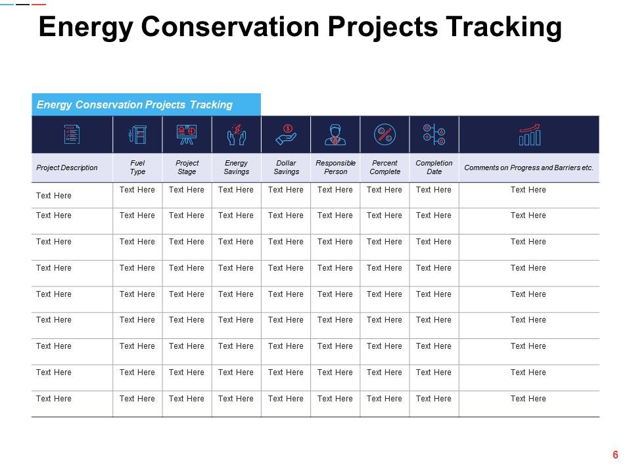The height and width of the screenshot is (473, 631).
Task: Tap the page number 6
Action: (x=615, y=455)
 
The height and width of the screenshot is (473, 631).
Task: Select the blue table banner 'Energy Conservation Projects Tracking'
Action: (x=135, y=104)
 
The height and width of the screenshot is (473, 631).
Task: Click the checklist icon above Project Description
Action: (x=72, y=135)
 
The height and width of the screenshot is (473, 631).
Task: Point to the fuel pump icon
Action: (x=137, y=135)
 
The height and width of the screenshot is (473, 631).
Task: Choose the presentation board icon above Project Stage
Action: (x=187, y=135)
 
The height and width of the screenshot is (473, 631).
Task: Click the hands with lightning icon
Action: (x=236, y=135)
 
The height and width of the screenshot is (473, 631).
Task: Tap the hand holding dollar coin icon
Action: (x=286, y=135)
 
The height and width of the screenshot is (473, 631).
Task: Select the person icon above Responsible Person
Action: (x=335, y=135)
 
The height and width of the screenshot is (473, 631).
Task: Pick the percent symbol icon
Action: (x=385, y=135)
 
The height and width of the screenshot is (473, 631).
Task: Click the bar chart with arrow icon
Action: (x=529, y=135)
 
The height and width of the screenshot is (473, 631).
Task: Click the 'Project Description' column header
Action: (x=67, y=168)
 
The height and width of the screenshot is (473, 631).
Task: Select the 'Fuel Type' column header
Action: (x=137, y=168)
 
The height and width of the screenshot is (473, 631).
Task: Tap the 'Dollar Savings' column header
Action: (x=286, y=168)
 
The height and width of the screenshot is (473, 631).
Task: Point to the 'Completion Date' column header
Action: (x=434, y=168)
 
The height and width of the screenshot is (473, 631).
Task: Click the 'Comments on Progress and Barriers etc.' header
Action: (x=528, y=168)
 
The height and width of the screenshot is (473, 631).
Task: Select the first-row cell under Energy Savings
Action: (x=236, y=190)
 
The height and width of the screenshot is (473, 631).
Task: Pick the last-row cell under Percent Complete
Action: (x=385, y=399)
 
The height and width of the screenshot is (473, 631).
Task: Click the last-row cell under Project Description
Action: (x=54, y=399)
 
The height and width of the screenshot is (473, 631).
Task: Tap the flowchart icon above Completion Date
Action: (x=434, y=135)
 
